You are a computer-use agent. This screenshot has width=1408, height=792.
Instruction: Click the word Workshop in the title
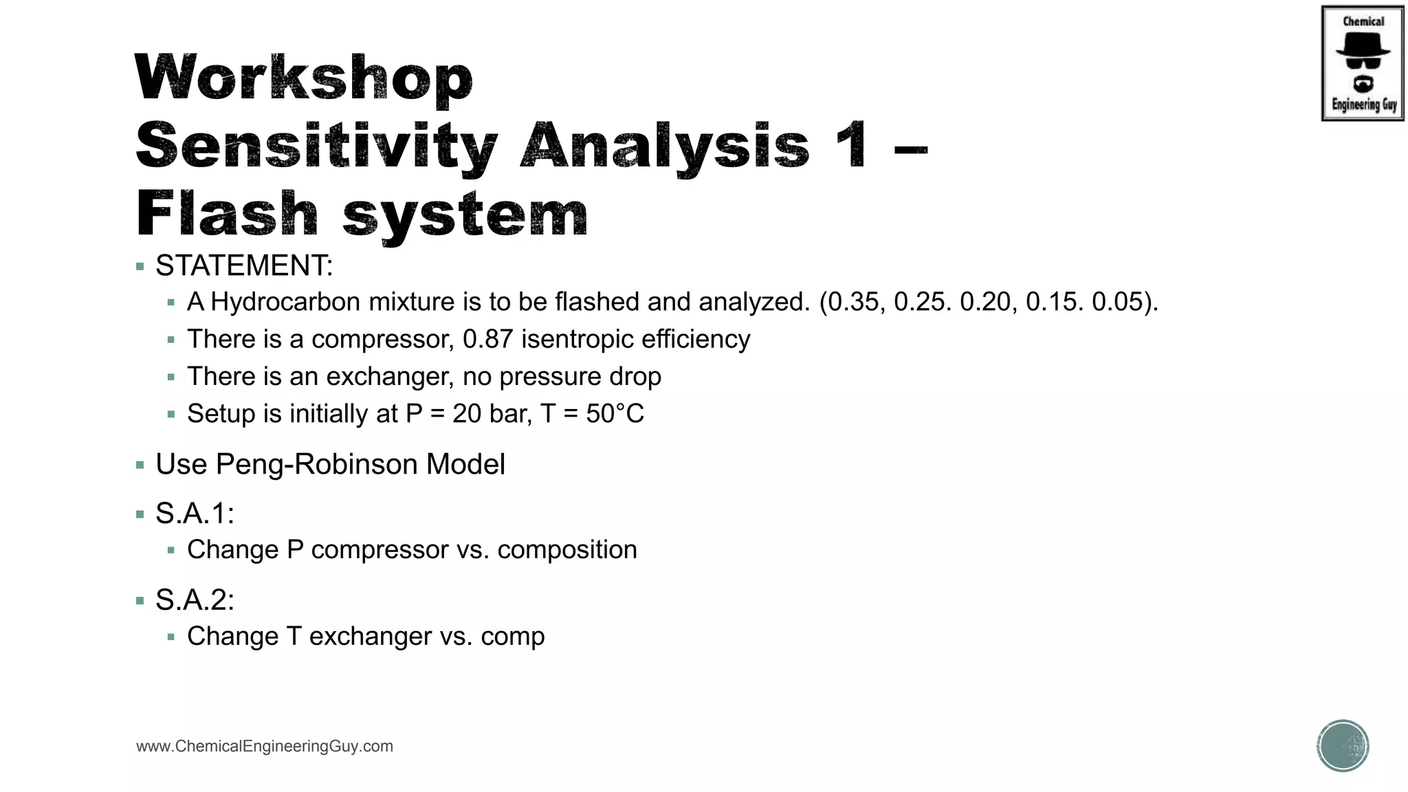coord(304,78)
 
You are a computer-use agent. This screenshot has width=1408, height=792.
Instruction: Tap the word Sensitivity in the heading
coord(316,146)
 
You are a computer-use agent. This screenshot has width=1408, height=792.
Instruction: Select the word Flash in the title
coord(227,214)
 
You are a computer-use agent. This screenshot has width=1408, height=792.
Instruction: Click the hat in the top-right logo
coord(1363,47)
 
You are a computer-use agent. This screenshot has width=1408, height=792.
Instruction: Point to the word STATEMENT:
coord(244,266)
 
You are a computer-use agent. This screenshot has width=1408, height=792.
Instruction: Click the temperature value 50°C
coord(615,413)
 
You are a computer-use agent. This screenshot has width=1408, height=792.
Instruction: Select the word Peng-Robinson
coord(316,464)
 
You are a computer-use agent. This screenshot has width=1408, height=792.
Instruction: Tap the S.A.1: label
coord(195,514)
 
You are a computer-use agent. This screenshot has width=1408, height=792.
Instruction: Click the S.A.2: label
coord(195,600)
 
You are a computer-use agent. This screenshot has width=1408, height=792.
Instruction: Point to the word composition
coord(566,550)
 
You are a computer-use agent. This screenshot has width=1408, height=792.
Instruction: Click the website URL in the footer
coord(265,747)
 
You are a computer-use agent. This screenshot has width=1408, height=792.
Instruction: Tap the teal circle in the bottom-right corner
coord(1343,746)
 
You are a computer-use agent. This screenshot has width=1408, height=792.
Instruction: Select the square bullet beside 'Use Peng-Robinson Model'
coord(140,465)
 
